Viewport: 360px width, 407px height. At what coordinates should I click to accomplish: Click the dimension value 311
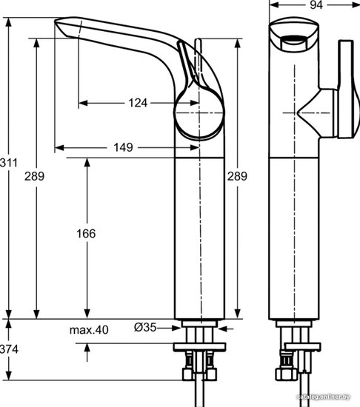point(9,163)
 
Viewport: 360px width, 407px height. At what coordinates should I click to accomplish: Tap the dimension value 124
point(138,103)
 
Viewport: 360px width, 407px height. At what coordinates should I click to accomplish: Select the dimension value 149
point(124,147)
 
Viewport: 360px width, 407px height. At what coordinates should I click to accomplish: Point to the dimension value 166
point(86,234)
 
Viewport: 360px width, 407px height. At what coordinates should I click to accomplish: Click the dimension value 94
point(316,4)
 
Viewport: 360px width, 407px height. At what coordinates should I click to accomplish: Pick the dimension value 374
point(9,349)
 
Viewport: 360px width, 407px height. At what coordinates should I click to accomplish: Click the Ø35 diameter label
point(145,327)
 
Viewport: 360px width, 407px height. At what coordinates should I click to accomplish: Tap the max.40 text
point(89,330)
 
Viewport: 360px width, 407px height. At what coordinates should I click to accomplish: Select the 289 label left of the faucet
point(35,176)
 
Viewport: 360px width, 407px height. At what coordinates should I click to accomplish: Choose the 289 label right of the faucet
point(237,176)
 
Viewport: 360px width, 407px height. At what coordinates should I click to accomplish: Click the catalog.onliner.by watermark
point(324,397)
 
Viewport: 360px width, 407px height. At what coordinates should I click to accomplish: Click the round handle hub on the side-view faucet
point(199,113)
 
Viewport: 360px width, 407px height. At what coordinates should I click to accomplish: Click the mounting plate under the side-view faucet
point(200,347)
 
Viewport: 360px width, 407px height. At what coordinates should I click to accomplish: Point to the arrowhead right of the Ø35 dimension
point(222,329)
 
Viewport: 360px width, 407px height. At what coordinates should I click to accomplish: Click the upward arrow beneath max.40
point(87,352)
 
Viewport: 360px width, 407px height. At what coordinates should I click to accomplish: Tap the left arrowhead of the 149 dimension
point(59,148)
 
